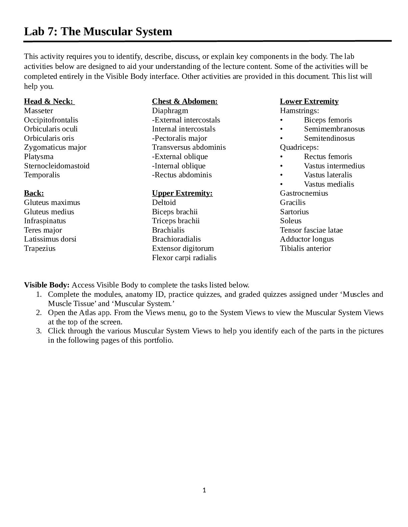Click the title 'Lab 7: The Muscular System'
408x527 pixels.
tap(98, 32)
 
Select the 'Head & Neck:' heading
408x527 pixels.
tap(49, 101)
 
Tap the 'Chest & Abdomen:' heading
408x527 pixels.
tap(185, 101)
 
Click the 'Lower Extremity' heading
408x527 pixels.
tap(309, 101)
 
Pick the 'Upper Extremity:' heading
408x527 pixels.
tap(182, 193)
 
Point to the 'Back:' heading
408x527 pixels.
tap(34, 193)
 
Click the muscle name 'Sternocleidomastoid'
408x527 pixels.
tap(57, 166)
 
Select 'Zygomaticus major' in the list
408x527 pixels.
tap(55, 147)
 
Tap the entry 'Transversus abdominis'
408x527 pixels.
tap(189, 147)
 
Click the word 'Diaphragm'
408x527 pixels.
tap(170, 111)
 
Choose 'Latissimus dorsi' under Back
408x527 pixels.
tap(50, 239)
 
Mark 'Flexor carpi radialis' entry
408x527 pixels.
tap(184, 258)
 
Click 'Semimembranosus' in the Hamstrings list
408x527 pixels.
tap(334, 129)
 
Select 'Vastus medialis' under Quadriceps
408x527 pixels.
tap(329, 184)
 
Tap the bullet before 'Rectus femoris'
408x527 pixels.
tap(282, 157)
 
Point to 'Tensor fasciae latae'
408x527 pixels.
tap(311, 230)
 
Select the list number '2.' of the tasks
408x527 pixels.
tap(39, 313)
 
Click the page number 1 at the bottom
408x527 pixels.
tap(204, 490)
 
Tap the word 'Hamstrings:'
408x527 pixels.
tap(299, 111)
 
